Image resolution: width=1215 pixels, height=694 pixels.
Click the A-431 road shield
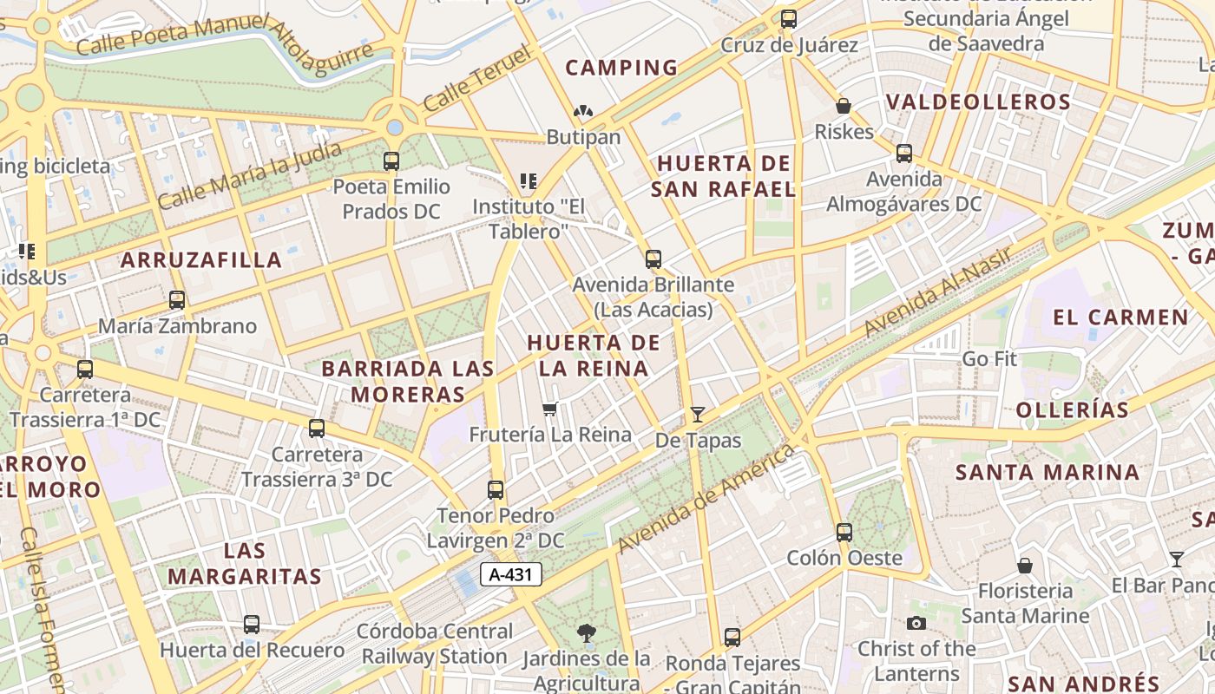[511, 573]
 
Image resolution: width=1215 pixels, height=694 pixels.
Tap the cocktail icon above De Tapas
[697, 415]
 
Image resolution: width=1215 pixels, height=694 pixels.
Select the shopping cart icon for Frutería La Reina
[549, 409]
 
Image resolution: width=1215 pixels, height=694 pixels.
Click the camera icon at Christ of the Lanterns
[916, 623]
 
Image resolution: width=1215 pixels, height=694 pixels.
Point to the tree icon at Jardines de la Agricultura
[587, 633]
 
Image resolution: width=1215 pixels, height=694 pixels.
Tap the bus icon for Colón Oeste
[844, 533]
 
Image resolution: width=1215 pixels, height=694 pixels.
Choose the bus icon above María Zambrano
[177, 300]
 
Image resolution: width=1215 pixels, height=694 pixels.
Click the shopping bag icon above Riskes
[843, 107]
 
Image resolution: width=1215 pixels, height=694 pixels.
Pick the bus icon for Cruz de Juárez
[789, 19]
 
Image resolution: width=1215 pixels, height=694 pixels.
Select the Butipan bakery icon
[583, 112]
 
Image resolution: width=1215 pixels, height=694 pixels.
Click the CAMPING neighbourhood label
[621, 68]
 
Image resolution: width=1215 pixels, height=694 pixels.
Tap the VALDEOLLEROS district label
[978, 102]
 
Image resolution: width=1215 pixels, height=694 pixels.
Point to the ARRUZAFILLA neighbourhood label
[201, 259]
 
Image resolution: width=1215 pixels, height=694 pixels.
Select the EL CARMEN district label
[1120, 317]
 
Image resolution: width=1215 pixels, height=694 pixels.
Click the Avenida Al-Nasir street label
[938, 291]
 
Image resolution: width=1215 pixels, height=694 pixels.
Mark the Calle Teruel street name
[478, 80]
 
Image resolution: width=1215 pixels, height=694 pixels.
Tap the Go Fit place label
[989, 358]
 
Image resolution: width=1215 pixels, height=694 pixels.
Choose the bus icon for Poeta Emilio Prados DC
[391, 161]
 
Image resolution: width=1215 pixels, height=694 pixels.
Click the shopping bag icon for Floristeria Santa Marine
[1025, 566]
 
